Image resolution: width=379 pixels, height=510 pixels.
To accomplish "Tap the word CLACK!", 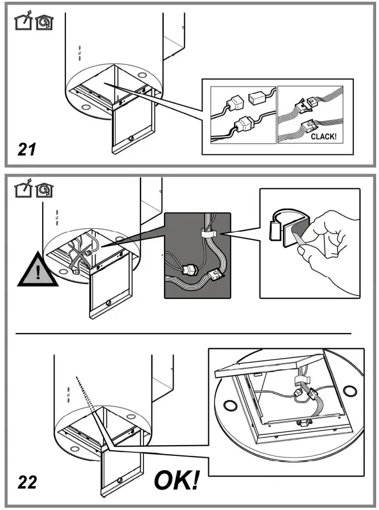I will pyautogui.click(x=327, y=137).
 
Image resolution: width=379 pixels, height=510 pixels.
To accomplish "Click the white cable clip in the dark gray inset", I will pyautogui.click(x=208, y=233).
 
